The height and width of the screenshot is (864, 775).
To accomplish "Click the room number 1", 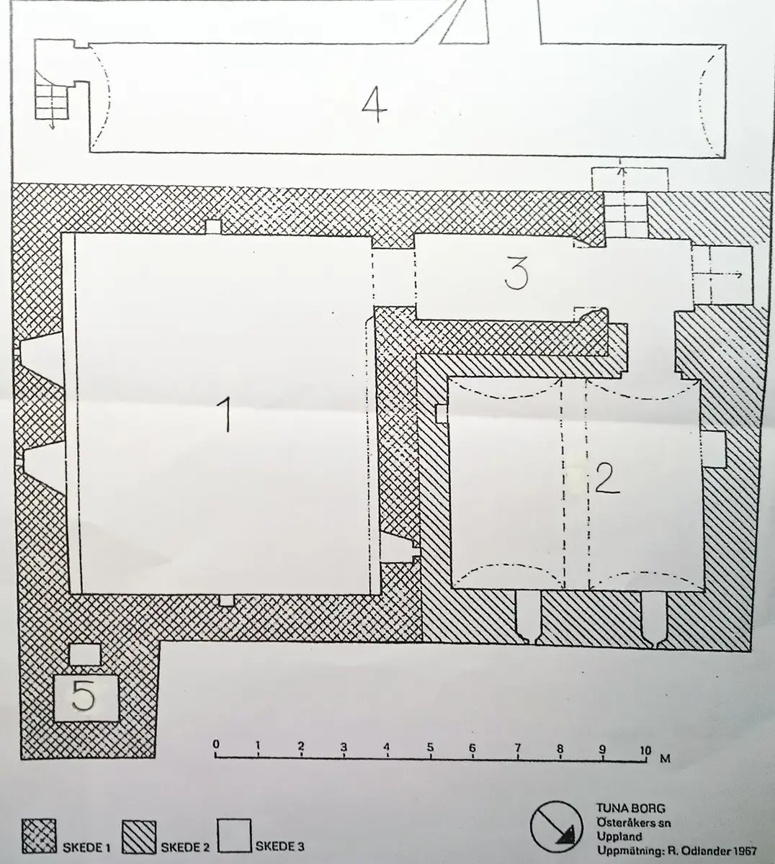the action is (225, 413).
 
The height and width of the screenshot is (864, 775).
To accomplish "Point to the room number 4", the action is (375, 105).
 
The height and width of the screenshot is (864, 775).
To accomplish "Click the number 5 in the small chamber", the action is (84, 696).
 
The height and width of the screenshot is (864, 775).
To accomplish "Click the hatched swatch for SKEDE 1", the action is (39, 836).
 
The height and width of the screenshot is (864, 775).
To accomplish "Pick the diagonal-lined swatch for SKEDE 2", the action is (139, 836).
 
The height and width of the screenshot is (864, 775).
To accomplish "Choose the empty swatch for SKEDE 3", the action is (234, 835).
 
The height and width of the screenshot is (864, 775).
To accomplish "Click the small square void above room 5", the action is (84, 654).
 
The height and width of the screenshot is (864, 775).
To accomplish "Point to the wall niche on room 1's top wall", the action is (213, 227).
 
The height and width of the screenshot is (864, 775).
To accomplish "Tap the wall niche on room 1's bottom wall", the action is (227, 600).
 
